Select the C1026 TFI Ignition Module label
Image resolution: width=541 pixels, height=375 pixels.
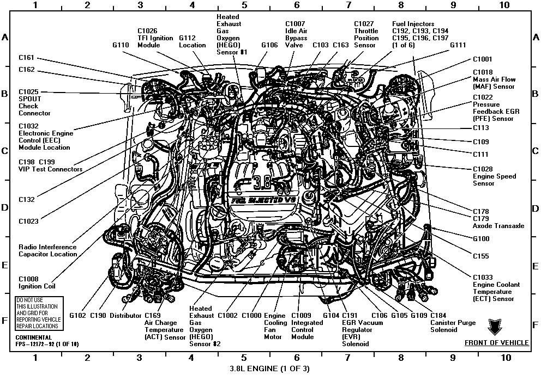(x=155, y=38)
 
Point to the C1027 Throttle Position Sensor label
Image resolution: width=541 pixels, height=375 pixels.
(x=366, y=34)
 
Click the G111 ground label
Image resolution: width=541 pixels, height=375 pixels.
(x=458, y=45)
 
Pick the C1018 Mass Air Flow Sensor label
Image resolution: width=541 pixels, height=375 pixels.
(x=494, y=79)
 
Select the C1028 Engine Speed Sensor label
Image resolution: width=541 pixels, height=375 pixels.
(x=494, y=176)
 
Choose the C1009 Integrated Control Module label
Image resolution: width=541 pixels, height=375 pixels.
(x=306, y=326)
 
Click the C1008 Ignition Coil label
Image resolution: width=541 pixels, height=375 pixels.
(x=37, y=282)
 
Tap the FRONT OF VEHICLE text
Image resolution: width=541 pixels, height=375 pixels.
(x=496, y=342)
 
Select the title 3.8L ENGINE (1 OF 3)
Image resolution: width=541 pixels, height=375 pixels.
(x=269, y=368)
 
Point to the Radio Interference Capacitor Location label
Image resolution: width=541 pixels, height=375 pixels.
(x=47, y=250)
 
